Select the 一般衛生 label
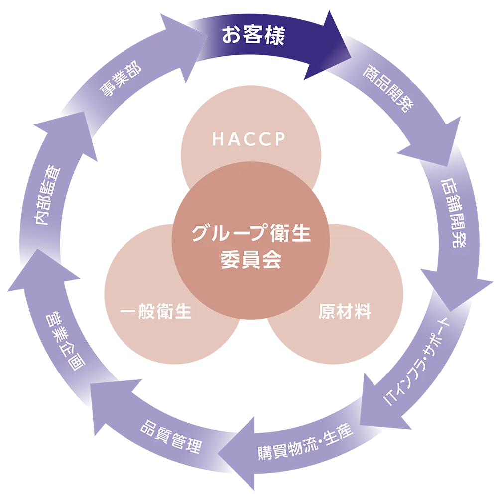pyautogui.click(x=156, y=312)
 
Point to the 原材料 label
pyautogui.click(x=345, y=312)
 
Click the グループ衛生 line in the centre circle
pyautogui.click(x=251, y=234)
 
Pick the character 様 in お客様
pyautogui.click(x=274, y=36)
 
